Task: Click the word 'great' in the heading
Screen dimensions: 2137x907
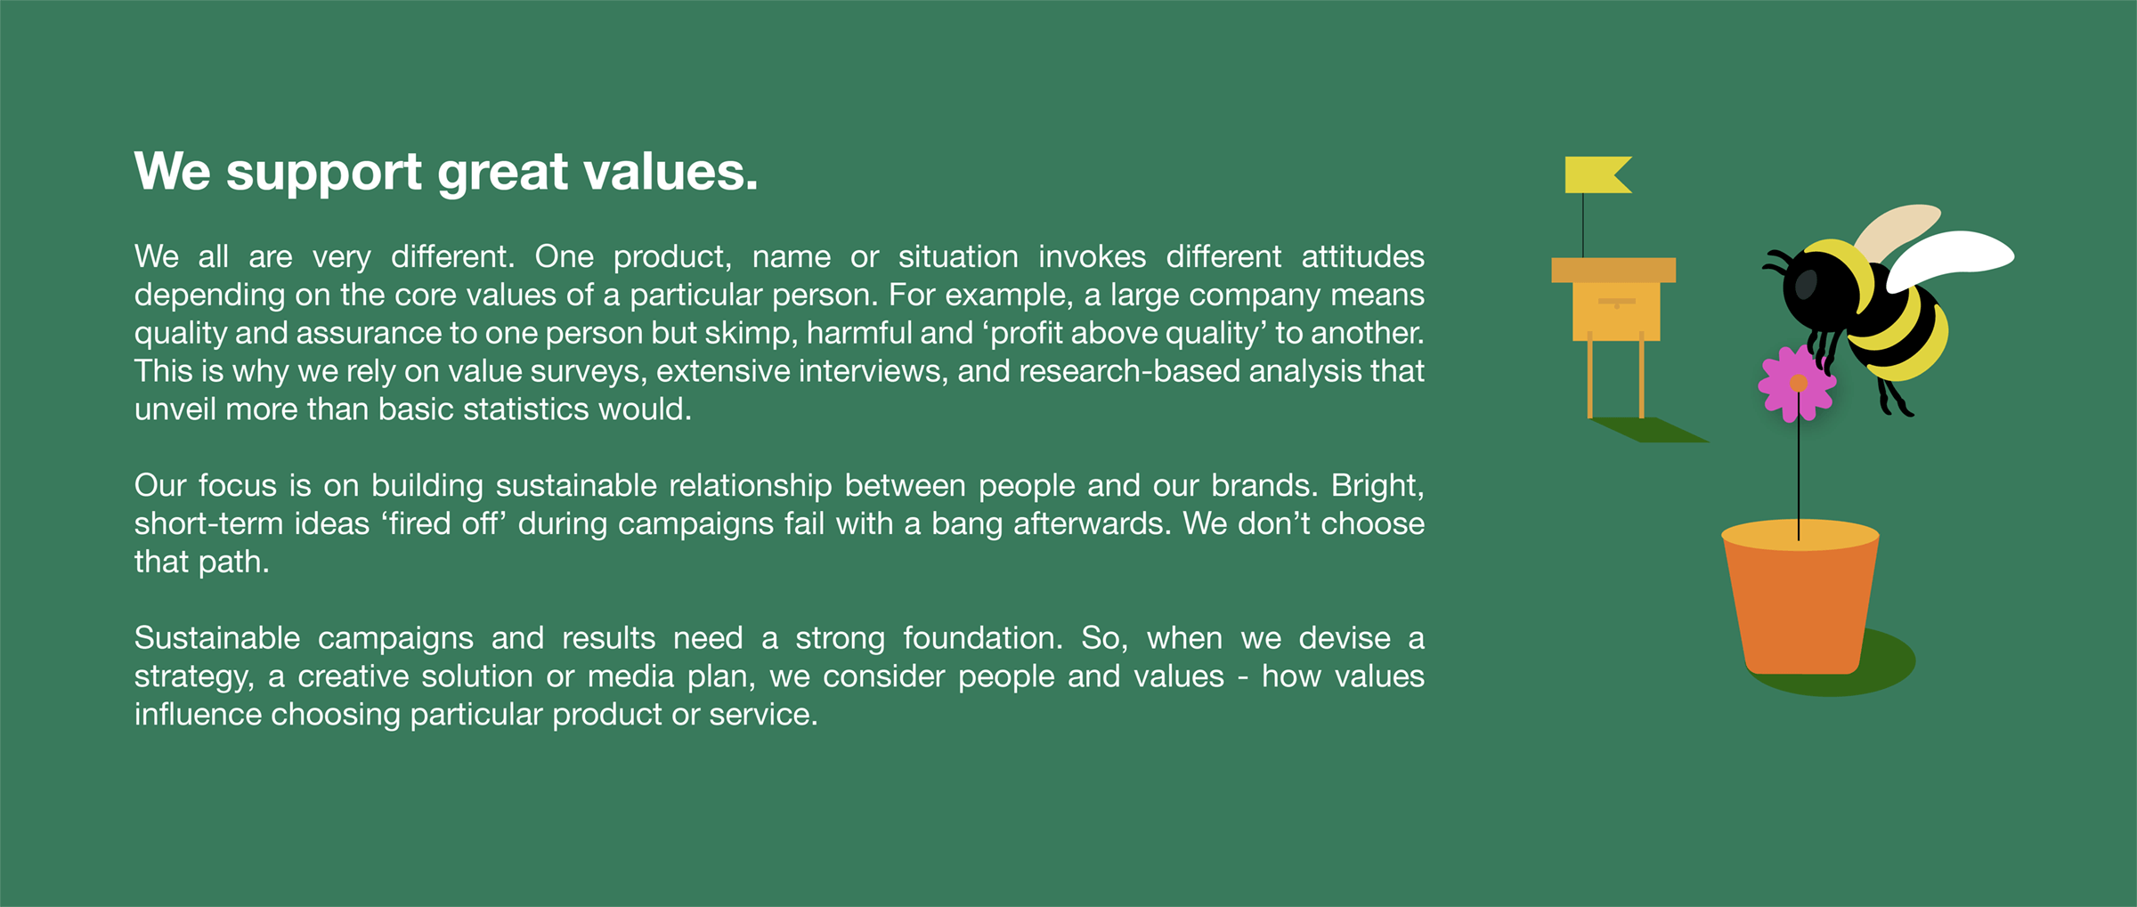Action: click(503, 173)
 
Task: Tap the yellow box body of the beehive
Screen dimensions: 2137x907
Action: click(1616, 312)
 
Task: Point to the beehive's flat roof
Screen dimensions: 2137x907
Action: click(1613, 270)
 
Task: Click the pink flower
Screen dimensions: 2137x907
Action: click(1797, 384)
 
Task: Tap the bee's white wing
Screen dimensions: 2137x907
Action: click(1950, 256)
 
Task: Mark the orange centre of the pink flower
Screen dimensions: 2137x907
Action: click(1799, 384)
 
